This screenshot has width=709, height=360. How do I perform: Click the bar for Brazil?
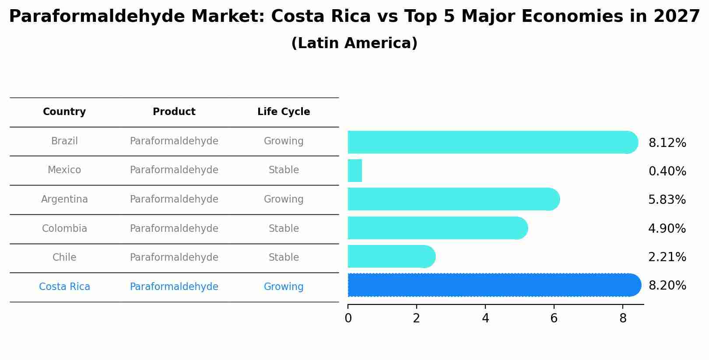(x=490, y=142)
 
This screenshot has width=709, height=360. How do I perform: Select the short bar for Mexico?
(x=355, y=171)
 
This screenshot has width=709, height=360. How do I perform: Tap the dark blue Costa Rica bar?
(x=492, y=285)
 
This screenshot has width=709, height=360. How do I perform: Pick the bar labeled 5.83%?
(x=453, y=199)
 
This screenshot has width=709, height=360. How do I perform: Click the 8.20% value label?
(x=667, y=286)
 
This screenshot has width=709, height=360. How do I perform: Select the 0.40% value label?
(x=667, y=171)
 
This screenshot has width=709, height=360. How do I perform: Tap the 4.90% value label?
(x=667, y=229)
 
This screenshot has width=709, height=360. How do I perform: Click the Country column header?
(x=64, y=112)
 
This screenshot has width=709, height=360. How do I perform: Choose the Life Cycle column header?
(x=284, y=112)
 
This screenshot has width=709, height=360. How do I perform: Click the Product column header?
(x=174, y=112)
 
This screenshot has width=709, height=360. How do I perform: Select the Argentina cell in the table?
(x=64, y=199)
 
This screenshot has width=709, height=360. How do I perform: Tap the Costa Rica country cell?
(x=64, y=287)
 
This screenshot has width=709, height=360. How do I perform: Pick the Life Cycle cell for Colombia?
(x=284, y=229)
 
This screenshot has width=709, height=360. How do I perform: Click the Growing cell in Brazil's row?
(x=284, y=141)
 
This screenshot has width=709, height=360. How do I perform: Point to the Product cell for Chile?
(x=174, y=258)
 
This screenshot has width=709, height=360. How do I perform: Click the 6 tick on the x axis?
(x=554, y=318)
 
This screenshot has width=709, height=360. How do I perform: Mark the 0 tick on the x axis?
(x=348, y=318)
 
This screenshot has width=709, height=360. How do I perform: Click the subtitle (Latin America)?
(x=354, y=43)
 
